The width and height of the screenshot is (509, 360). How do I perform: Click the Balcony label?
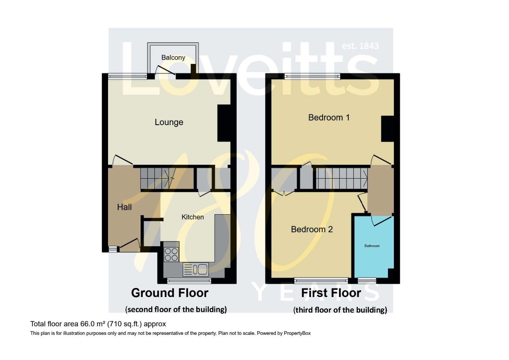(x=173, y=58)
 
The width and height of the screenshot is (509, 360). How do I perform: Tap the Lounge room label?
(x=169, y=122)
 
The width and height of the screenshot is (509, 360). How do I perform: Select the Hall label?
(x=124, y=207)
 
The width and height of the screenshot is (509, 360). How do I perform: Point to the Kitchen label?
(x=193, y=217)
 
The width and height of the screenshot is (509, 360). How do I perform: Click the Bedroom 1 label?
(x=329, y=117)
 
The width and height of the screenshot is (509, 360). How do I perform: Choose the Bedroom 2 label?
(x=311, y=229)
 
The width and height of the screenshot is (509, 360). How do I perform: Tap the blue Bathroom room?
(x=373, y=247)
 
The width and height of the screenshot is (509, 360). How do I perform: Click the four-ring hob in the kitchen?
(x=171, y=254)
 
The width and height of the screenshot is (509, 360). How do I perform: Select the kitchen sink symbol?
(x=195, y=269)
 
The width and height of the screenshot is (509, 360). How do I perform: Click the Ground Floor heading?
(x=170, y=293)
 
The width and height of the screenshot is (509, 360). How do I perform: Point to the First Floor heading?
(x=331, y=293)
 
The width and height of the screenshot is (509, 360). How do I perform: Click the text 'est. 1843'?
(x=360, y=46)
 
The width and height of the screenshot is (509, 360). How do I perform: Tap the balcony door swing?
(x=165, y=71)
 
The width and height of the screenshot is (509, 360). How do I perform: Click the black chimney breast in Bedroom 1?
(x=387, y=129)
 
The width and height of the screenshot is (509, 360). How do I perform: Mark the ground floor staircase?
(x=158, y=178)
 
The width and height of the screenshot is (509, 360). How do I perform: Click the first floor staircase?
(x=342, y=178)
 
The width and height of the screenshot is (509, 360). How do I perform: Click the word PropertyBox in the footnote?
(x=297, y=333)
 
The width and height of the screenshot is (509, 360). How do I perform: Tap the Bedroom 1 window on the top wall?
(x=312, y=76)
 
